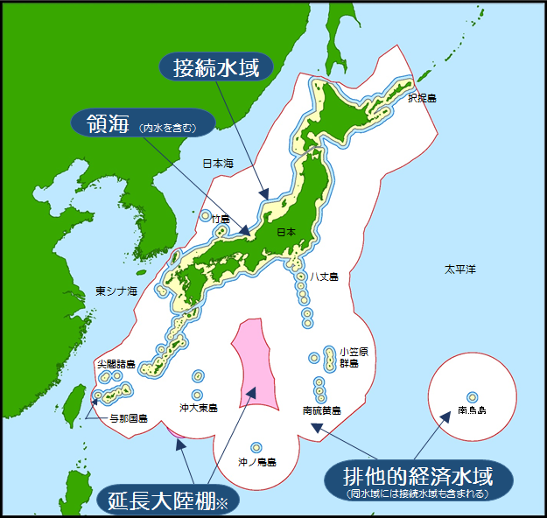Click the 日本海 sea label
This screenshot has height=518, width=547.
(x=219, y=163)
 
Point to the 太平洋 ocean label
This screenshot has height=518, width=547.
(x=459, y=269)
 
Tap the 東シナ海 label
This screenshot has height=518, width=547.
(x=117, y=290)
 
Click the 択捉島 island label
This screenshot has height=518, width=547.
(x=422, y=98)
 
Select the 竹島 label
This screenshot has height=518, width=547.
(x=221, y=219)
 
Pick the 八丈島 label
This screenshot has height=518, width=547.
(x=324, y=276)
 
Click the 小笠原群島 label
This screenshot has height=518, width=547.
(x=348, y=357)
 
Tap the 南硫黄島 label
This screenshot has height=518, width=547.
(x=321, y=409)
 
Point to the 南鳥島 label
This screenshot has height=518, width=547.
(x=472, y=409)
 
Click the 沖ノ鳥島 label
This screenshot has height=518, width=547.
(x=257, y=462)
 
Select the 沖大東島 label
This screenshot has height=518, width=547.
(x=199, y=408)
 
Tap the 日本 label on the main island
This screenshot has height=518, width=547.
(x=286, y=232)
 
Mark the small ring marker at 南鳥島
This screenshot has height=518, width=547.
(x=473, y=395)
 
